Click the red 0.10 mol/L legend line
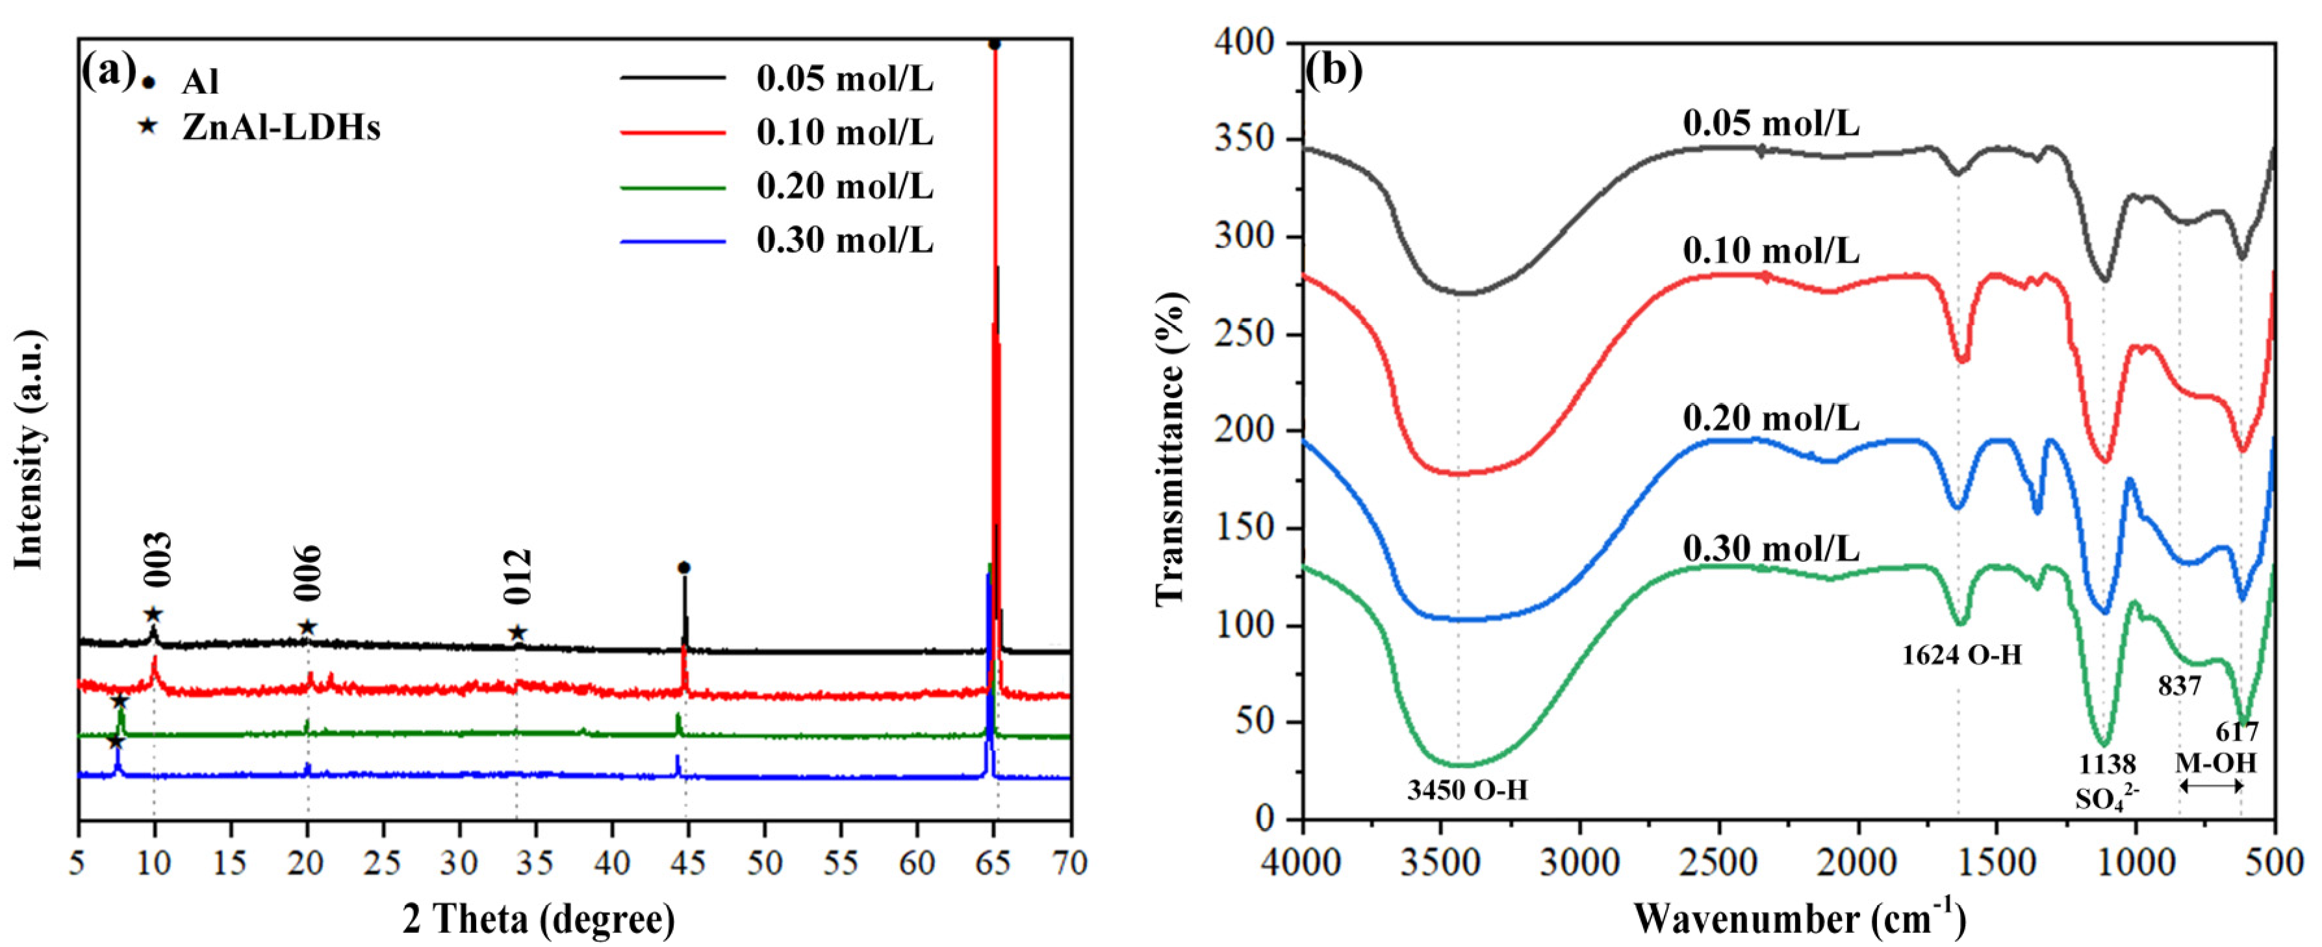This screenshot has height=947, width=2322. coord(672,133)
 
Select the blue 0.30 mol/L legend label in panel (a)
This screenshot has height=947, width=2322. coord(845,240)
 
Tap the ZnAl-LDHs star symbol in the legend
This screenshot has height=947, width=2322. coord(147,127)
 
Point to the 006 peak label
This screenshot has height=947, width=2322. coord(307,573)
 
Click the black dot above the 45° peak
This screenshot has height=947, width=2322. coord(684,568)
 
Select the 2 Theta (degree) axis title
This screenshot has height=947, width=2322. coord(539,920)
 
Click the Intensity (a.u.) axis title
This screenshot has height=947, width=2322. coord(31,451)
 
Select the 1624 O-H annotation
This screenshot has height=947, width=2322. coord(1961,655)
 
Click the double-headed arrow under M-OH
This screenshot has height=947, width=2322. coord(2210,787)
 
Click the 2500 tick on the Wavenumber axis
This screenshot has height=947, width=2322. coord(1718,863)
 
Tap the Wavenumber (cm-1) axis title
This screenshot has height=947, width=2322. coord(1799,920)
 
